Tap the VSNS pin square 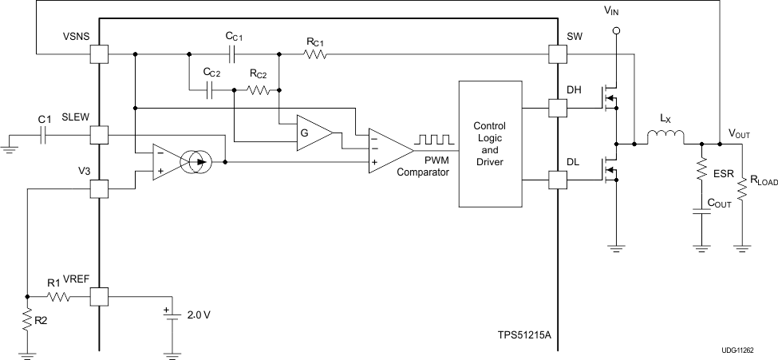tap(99, 54)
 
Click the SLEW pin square tap(99, 135)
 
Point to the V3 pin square tap(99, 189)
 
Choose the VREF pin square tap(99, 297)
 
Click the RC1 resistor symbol tap(315, 54)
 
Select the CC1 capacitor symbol tap(231, 54)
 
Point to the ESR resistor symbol tap(701, 169)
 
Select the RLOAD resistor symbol tap(742, 190)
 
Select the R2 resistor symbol tap(27, 322)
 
